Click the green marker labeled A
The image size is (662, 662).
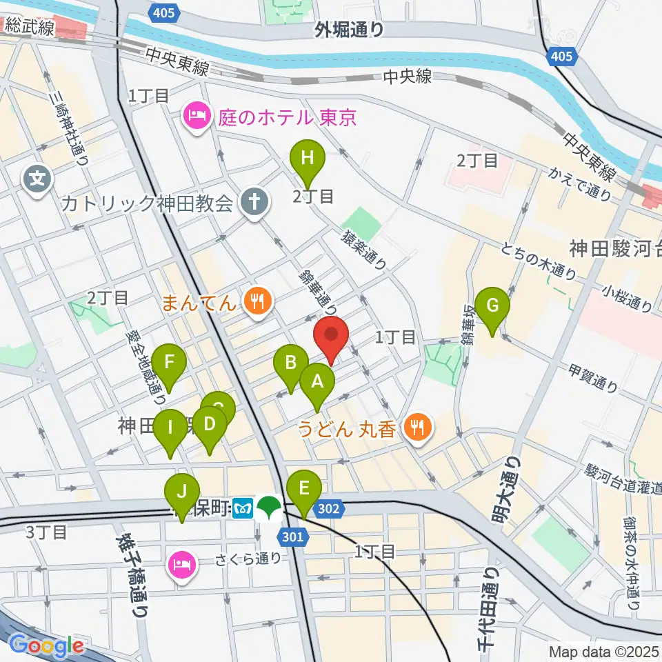click(x=317, y=381)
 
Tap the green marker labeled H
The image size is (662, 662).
click(x=308, y=159)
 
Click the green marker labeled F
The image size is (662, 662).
click(x=169, y=362)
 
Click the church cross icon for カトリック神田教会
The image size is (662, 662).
click(x=253, y=203)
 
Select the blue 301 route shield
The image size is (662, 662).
click(x=292, y=536)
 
